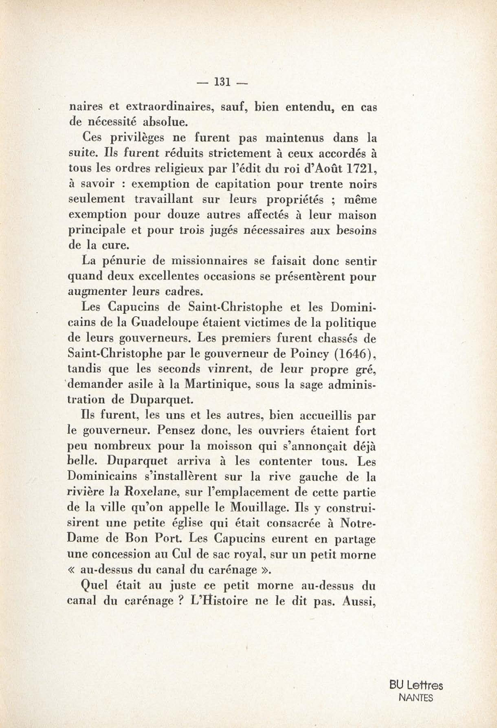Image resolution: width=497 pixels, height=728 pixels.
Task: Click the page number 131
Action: pyautogui.click(x=222, y=82)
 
